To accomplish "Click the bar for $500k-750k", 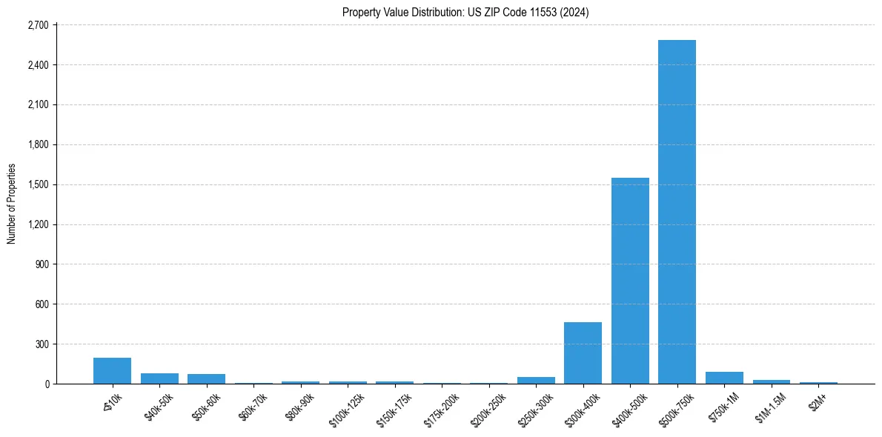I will click(677, 212).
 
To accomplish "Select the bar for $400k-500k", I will click(630, 281).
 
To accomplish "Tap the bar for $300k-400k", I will click(583, 353).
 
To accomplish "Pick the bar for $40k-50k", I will click(159, 378).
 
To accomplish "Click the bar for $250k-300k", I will click(536, 380).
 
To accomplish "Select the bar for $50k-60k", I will click(206, 378).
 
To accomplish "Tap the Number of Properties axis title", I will click(12, 204).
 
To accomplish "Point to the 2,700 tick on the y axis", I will click(37, 25).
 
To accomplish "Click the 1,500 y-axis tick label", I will click(37, 184).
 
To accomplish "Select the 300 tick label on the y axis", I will click(42, 344).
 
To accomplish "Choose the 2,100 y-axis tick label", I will click(37, 105).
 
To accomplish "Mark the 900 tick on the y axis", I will click(42, 264).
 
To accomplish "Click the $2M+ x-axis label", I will click(818, 401).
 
